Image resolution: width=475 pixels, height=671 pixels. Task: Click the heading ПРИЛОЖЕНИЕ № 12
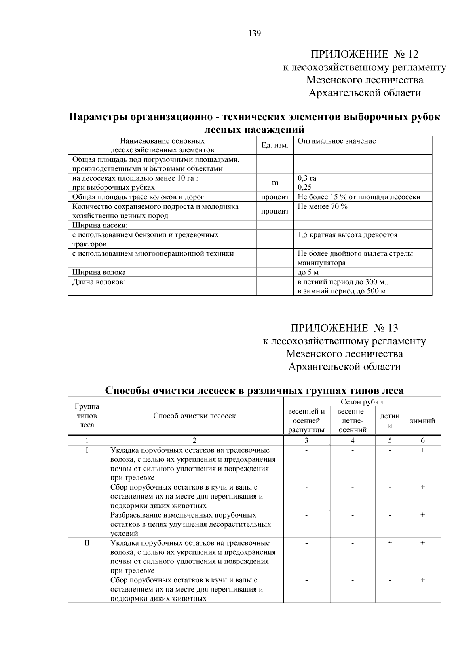364,54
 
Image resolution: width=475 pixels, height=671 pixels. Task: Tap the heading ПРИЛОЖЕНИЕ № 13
344,328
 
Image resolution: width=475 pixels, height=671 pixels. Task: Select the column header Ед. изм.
275,146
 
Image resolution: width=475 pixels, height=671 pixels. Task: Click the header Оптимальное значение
336,141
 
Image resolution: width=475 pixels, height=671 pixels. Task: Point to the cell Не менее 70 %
322,206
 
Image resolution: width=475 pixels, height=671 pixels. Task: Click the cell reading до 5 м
308,272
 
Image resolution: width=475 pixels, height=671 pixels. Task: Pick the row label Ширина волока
99,272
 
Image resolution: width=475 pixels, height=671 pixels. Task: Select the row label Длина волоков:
99,282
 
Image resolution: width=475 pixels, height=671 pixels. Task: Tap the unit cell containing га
275,183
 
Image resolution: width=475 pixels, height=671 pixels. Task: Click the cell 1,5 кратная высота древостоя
347,235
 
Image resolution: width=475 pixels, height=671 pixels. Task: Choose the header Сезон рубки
362,402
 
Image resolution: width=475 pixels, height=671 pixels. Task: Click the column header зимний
422,421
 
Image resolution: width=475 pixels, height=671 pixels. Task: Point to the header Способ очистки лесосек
194,416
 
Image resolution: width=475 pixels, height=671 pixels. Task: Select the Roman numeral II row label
87,543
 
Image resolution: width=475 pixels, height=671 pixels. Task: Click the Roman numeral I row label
87,450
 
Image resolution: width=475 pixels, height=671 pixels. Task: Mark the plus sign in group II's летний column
389,543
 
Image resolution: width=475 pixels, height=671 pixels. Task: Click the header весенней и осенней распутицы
306,421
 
